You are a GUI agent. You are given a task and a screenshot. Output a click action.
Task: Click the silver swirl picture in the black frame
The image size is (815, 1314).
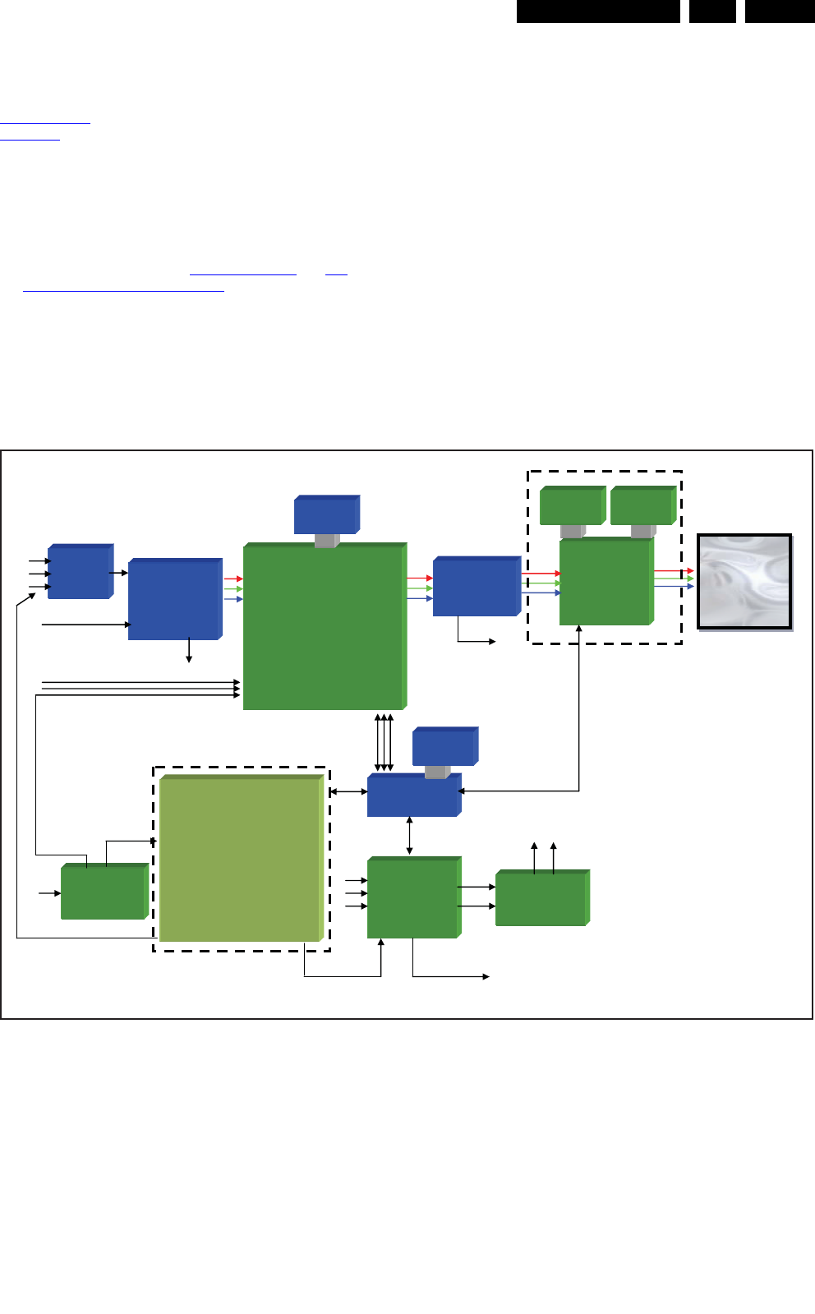click(744, 582)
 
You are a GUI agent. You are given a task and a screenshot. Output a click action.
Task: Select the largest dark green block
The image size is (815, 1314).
click(324, 626)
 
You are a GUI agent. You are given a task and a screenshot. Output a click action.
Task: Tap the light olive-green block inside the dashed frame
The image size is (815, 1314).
click(239, 859)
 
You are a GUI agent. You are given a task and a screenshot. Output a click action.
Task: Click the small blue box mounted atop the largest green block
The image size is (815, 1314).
click(325, 515)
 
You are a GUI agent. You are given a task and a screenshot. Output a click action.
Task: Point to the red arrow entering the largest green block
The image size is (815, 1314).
click(233, 579)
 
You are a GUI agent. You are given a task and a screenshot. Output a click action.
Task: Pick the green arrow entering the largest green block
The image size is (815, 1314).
click(233, 589)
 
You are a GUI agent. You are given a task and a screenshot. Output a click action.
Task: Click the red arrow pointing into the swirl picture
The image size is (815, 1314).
click(674, 570)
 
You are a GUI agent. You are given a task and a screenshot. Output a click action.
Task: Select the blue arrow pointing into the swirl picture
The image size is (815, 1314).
click(674, 587)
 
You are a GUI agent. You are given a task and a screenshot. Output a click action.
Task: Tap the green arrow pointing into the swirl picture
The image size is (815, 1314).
click(674, 579)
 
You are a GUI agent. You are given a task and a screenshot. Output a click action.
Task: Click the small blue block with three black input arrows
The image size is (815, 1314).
click(79, 572)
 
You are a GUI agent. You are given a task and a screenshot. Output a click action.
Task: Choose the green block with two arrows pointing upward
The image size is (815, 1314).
click(541, 899)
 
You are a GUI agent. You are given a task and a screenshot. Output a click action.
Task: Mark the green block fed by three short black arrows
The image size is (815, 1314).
click(412, 898)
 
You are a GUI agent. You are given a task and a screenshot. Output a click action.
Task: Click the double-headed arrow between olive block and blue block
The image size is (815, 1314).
click(348, 792)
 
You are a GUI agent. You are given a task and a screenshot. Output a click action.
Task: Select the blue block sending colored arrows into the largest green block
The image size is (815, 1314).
click(174, 600)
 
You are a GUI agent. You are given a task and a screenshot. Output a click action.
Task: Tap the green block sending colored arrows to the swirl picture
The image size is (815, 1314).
click(605, 582)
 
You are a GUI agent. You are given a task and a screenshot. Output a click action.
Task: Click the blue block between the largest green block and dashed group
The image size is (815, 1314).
click(476, 587)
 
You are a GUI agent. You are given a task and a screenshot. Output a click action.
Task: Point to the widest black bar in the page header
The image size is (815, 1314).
click(598, 11)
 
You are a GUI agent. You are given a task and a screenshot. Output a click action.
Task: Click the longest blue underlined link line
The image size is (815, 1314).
click(123, 290)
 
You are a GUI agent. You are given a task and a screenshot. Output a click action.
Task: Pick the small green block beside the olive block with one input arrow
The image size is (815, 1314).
click(104, 892)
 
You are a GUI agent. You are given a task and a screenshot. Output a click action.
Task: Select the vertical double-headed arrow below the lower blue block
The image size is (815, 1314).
click(409, 836)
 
